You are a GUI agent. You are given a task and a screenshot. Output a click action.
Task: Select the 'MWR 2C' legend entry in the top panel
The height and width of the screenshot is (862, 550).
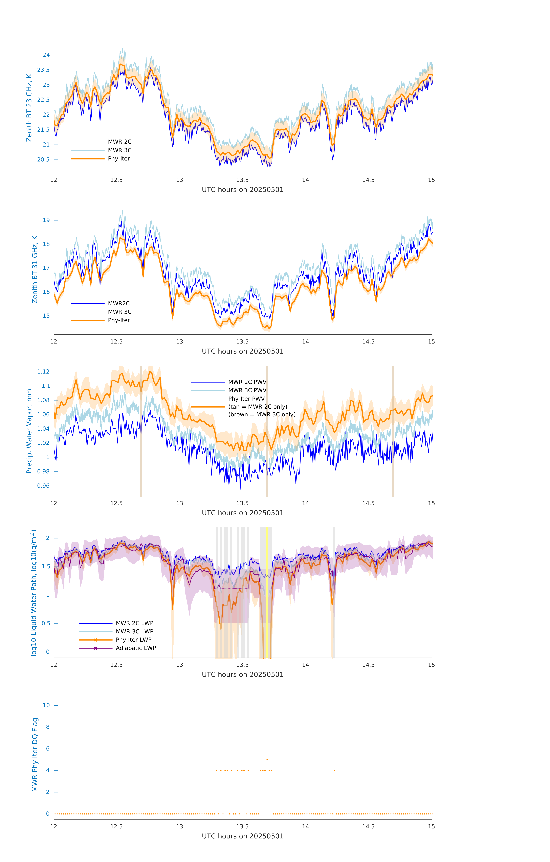120,142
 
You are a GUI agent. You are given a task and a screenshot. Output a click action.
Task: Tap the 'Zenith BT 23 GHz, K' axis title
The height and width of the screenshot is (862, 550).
29,108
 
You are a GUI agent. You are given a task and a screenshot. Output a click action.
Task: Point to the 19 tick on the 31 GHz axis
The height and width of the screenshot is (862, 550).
46,220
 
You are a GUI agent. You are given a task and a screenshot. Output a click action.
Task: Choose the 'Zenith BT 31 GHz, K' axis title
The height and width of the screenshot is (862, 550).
35,269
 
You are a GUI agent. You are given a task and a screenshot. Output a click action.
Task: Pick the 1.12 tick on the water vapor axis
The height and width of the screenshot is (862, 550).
43,372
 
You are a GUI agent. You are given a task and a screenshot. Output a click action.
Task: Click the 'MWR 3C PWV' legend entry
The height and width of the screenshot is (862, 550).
247,390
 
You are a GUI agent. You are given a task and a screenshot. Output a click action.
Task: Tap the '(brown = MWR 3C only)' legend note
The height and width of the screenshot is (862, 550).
262,414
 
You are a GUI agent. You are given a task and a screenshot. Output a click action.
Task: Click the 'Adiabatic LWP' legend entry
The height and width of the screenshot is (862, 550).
136,648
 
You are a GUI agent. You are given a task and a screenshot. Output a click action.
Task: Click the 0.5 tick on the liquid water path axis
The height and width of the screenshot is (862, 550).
46,623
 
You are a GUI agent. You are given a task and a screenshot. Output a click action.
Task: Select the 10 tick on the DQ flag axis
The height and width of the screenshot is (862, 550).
46,705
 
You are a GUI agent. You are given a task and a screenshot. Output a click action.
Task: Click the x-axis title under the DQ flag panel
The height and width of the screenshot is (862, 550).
243,836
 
